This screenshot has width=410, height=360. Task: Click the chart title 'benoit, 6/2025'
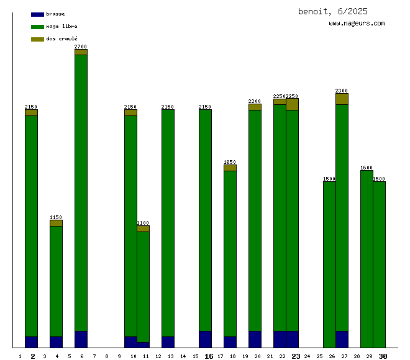tap(332, 11)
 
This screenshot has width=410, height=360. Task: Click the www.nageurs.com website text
tap(357, 24)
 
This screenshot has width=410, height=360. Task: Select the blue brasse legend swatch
tap(37, 14)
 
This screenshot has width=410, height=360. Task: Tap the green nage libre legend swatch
tap(37, 27)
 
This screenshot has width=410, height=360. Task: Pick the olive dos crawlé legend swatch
tap(37, 39)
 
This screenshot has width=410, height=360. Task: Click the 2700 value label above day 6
tap(81, 47)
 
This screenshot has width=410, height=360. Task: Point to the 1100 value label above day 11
tap(143, 223)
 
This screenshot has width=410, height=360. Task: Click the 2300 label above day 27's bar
tap(342, 91)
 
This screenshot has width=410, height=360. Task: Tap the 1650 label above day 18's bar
tap(230, 162)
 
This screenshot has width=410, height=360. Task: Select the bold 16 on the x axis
tap(209, 356)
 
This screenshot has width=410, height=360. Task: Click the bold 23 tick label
tap(296, 356)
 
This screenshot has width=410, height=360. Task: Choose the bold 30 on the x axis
tap(383, 356)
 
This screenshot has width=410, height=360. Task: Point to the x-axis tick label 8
tap(107, 356)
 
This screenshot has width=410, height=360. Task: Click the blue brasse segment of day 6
tap(81, 339)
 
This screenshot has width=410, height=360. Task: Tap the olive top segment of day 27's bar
tap(342, 99)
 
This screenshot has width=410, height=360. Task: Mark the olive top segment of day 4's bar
tap(56, 223)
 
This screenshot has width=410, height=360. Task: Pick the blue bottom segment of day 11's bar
tap(143, 344)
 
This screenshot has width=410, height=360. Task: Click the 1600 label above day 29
tap(367, 168)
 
